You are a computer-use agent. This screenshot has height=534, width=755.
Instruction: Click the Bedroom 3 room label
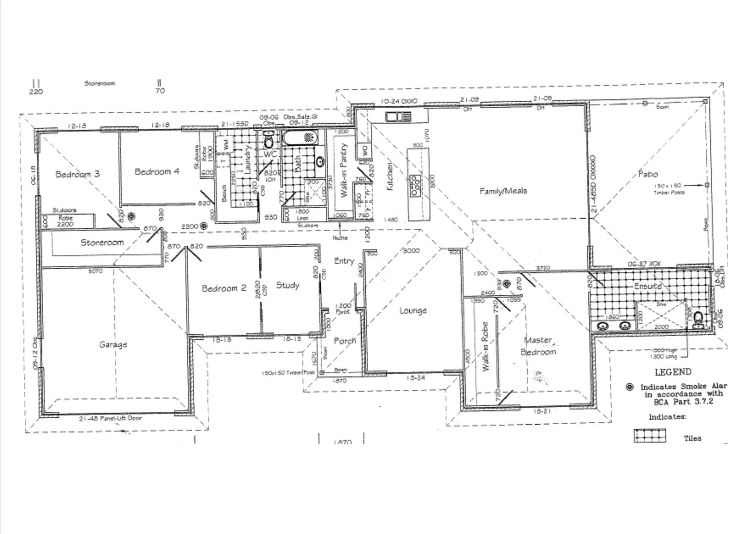click(77, 174)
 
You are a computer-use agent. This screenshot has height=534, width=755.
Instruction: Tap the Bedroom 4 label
click(157, 172)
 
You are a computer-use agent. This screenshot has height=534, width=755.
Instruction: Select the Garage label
click(113, 345)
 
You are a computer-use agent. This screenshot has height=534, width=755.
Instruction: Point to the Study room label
click(287, 285)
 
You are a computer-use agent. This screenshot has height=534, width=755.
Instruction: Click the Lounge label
click(413, 310)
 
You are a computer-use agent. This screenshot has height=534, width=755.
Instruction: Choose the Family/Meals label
click(503, 191)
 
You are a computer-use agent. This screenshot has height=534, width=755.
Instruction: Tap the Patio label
click(648, 174)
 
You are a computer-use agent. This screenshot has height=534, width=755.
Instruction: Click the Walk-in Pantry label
click(344, 170)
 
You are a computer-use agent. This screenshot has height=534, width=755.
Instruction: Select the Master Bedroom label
click(539, 346)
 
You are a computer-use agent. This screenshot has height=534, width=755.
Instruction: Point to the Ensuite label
click(648, 286)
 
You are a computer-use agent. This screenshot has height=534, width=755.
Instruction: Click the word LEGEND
click(673, 372)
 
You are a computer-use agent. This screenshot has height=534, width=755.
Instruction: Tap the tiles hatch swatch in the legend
click(650, 436)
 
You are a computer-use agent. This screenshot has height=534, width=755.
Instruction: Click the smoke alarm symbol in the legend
click(630, 387)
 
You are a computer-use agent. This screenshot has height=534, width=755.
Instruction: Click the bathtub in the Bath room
click(300, 137)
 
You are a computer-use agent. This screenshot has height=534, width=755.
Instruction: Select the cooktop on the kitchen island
click(415, 186)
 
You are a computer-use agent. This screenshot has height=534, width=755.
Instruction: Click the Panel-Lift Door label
click(110, 418)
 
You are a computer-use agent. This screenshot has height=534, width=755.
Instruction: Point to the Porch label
click(345, 341)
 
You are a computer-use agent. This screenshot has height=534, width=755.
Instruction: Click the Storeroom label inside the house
click(102, 242)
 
